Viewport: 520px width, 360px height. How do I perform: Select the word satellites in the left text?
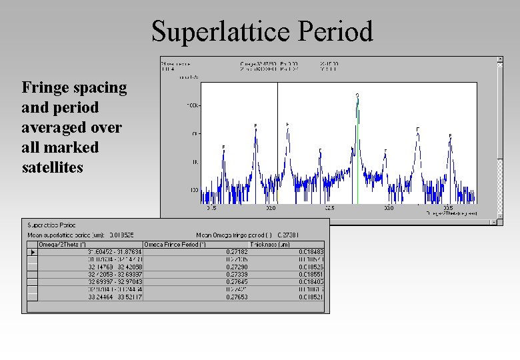click(53, 167)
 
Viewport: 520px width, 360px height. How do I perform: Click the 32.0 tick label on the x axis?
click(271, 208)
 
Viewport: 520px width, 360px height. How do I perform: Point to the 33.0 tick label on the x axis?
click(388, 208)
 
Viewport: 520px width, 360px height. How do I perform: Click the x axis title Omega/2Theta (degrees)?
click(452, 213)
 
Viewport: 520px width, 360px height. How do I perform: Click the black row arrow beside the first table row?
click(32, 252)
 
